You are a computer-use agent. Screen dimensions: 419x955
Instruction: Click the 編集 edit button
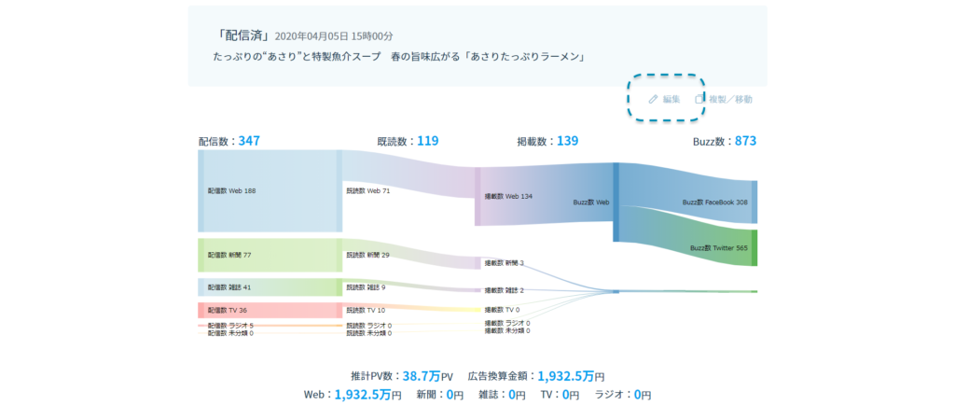665,99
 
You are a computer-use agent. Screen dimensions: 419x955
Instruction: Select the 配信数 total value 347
249,141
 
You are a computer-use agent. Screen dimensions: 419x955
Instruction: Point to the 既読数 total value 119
427,141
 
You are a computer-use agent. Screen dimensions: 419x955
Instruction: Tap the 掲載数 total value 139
567,141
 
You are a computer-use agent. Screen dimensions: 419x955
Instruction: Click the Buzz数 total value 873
745,141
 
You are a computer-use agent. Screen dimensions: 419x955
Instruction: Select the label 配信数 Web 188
231,190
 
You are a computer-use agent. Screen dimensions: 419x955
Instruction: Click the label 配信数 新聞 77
229,255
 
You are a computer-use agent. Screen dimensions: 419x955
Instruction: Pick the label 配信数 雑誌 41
229,287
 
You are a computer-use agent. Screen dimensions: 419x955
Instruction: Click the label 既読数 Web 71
367,190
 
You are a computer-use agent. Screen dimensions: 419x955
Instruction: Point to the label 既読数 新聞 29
367,255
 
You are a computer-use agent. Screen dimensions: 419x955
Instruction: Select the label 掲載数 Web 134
508,197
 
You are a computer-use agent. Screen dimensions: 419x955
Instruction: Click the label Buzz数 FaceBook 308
715,202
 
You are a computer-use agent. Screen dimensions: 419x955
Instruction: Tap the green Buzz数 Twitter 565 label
718,248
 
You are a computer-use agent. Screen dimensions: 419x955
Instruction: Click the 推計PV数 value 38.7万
414,376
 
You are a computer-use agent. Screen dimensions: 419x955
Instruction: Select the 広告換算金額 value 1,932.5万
564,376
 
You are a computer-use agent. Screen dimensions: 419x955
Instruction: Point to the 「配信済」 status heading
241,36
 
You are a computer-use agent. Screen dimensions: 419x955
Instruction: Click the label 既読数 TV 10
366,310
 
